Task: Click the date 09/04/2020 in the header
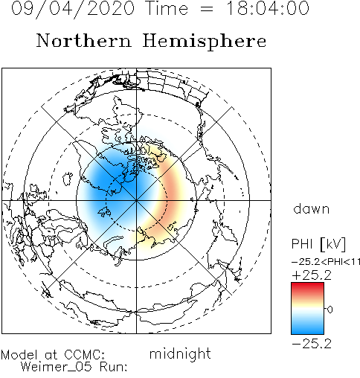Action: (x=73, y=9)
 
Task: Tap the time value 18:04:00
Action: (x=268, y=8)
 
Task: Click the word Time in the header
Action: (x=167, y=8)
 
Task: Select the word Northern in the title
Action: (x=84, y=40)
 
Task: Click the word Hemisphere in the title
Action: (x=205, y=42)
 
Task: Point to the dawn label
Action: (x=312, y=209)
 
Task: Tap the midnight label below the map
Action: (x=180, y=354)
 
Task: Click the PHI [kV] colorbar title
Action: (x=318, y=244)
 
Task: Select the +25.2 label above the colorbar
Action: (x=312, y=275)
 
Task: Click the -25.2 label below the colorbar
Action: (x=312, y=344)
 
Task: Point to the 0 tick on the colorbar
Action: (x=330, y=310)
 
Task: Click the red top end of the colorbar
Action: (x=307, y=285)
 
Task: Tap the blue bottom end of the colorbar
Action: (x=307, y=330)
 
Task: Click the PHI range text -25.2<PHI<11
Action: (x=326, y=262)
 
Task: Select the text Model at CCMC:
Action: (x=53, y=355)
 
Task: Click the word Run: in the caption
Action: (x=114, y=367)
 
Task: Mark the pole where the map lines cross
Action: (x=136, y=200)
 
